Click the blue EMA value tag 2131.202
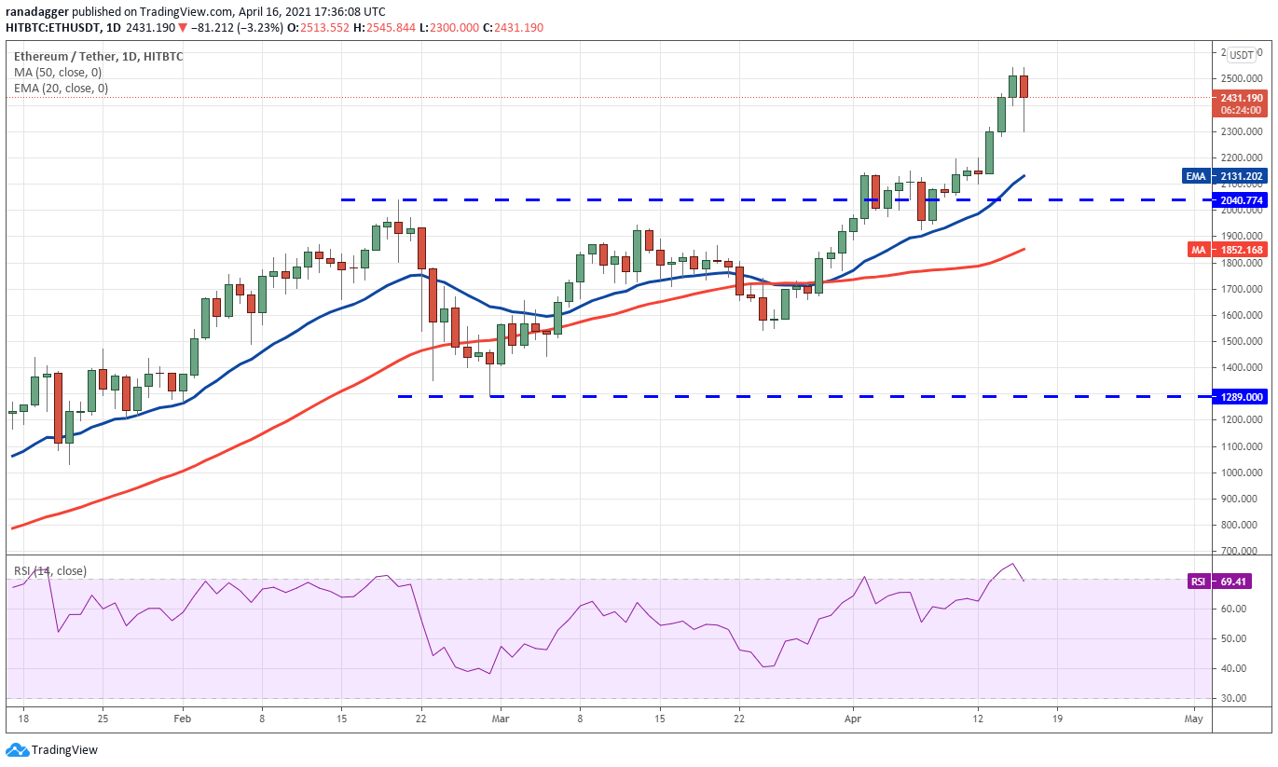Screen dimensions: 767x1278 tap(1241, 175)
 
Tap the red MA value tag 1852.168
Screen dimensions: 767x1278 tap(1241, 249)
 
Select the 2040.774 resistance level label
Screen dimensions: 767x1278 tap(1241, 199)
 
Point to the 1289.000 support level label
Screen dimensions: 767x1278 tap(1241, 396)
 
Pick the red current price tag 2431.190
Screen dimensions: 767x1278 tap(1241, 97)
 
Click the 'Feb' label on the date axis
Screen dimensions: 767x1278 tap(183, 719)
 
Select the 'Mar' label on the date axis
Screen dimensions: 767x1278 tap(501, 719)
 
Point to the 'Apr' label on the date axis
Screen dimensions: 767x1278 tap(851, 719)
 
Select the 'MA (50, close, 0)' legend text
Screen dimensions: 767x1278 tap(58, 72)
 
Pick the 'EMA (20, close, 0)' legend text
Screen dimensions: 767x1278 tap(61, 88)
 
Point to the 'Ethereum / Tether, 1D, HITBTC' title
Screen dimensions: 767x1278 tap(99, 56)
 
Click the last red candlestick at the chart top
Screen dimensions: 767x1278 tap(1024, 87)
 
